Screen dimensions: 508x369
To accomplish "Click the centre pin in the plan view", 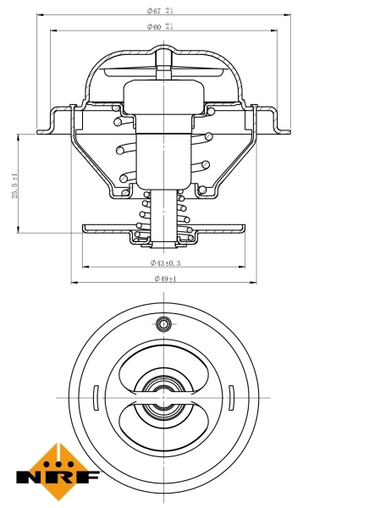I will (x=162, y=396).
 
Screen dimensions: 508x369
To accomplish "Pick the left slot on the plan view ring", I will (x=96, y=396).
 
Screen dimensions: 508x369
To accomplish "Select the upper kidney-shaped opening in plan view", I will (x=162, y=366).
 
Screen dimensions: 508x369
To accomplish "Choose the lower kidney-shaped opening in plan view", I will (x=162, y=428).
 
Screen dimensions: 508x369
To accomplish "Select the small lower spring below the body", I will (x=162, y=216).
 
